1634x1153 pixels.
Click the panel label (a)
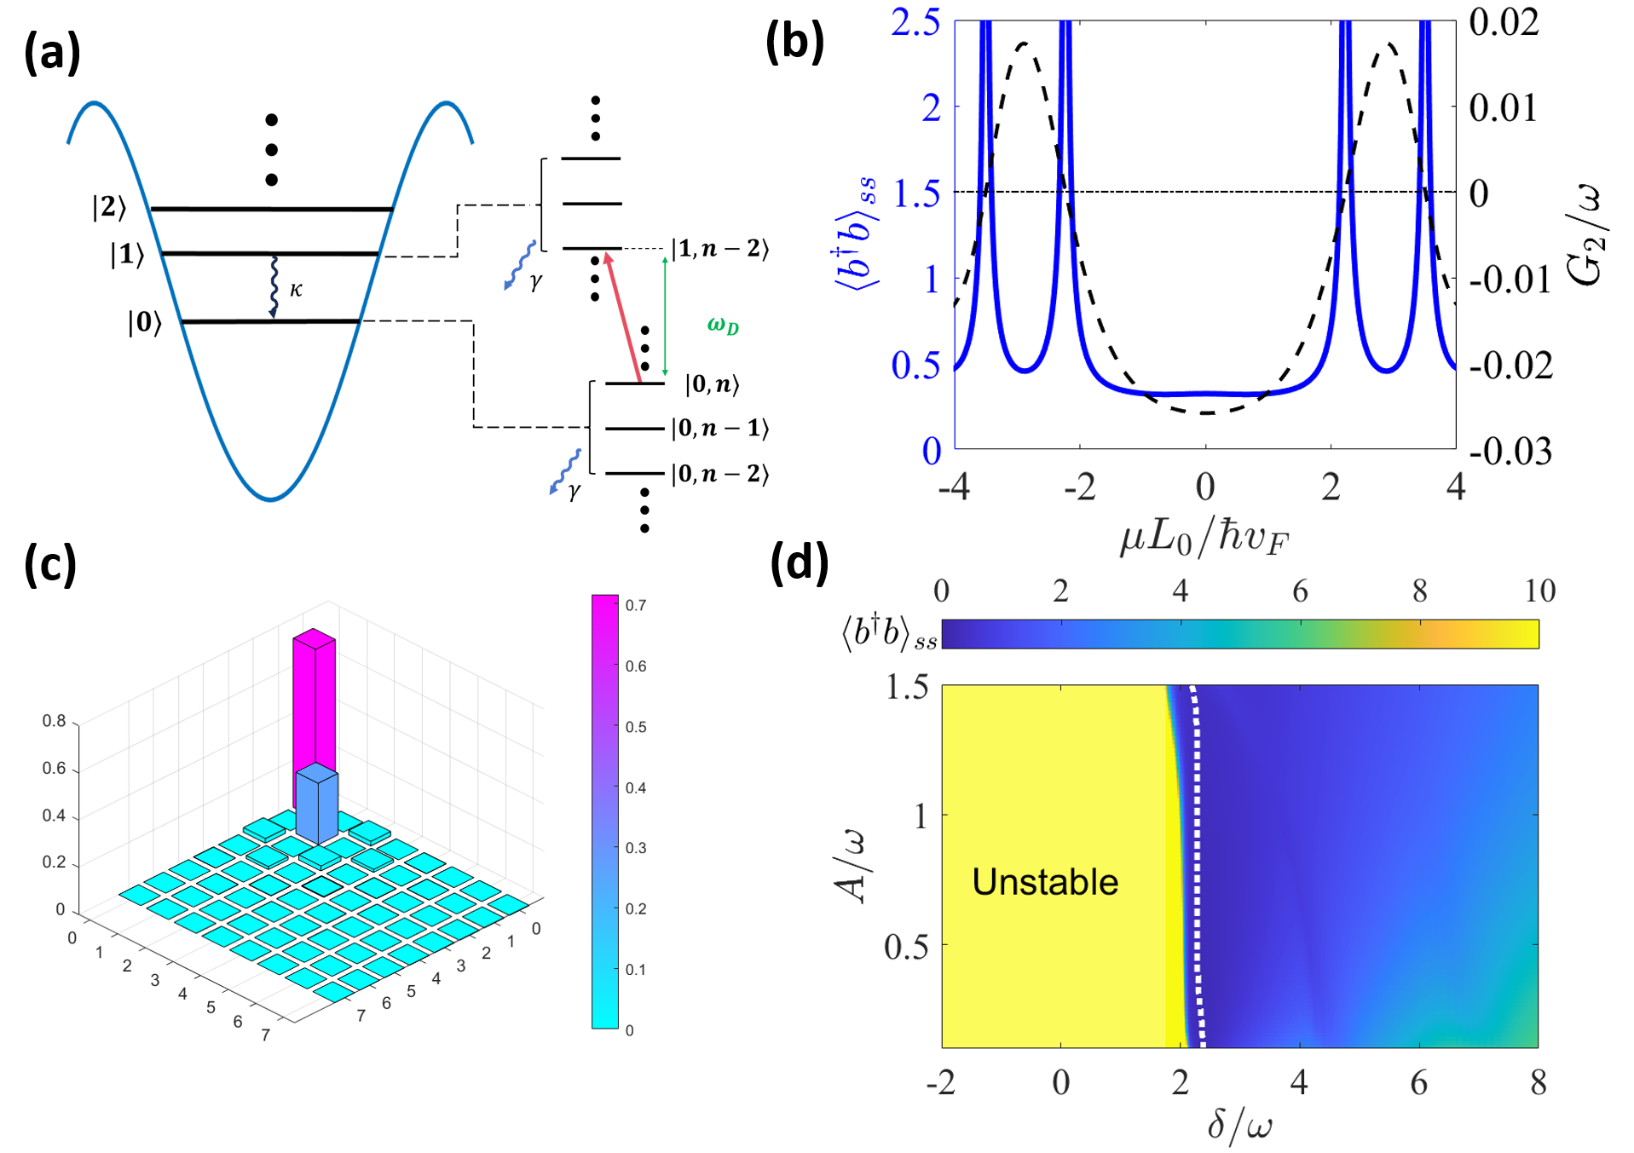(x=52, y=53)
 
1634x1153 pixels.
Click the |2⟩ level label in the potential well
(x=109, y=207)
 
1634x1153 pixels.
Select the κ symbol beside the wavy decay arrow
(x=296, y=290)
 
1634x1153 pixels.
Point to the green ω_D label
(x=723, y=325)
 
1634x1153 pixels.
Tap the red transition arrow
(x=623, y=315)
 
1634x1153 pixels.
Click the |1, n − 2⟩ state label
(x=720, y=249)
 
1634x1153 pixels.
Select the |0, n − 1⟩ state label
(x=720, y=428)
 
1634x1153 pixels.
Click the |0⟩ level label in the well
(x=144, y=322)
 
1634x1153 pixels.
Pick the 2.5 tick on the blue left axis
(x=915, y=23)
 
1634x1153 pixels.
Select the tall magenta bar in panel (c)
(x=314, y=707)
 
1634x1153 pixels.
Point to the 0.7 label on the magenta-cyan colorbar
(x=636, y=605)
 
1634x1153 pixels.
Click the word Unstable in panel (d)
(x=1045, y=882)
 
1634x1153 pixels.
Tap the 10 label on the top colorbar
(x=1539, y=591)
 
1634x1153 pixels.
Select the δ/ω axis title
(x=1239, y=1125)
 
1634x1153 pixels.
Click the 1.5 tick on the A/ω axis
(x=907, y=687)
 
